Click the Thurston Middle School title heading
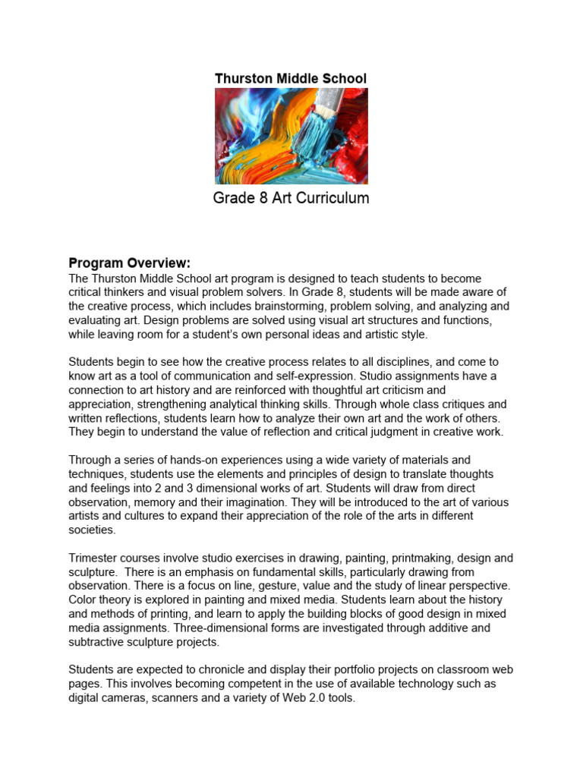[x=291, y=78]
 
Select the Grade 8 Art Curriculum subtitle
[x=291, y=199]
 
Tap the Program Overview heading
[x=130, y=263]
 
